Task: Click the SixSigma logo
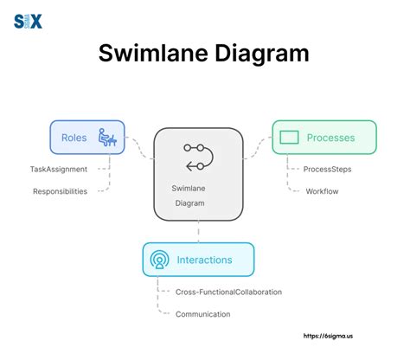click(x=28, y=22)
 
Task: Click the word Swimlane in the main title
click(x=153, y=54)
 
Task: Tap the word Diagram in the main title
click(x=262, y=55)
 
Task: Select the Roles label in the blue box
click(x=74, y=138)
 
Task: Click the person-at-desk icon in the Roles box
click(x=107, y=138)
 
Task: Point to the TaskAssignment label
click(x=59, y=169)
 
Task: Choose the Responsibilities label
click(x=61, y=191)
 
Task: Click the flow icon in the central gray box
click(x=199, y=157)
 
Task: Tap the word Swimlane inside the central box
click(x=189, y=189)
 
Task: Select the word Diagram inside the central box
click(x=189, y=203)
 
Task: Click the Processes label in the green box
click(x=330, y=138)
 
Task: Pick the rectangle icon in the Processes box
click(x=289, y=138)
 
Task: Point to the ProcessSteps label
click(x=327, y=170)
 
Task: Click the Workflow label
click(x=322, y=191)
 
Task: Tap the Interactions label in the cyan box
click(x=204, y=260)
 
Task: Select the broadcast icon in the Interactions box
click(x=159, y=260)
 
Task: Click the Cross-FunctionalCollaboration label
click(x=228, y=292)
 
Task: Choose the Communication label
click(x=203, y=314)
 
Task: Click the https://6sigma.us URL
click(x=328, y=336)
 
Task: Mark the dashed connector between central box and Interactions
click(x=198, y=232)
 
